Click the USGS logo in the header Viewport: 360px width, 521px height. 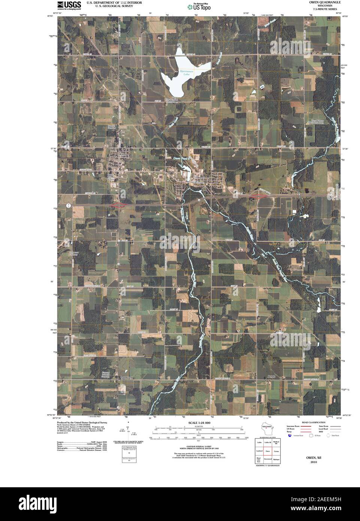coord(69,4)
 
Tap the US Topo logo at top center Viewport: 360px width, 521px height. coord(199,6)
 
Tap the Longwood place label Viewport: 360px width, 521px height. coord(126,377)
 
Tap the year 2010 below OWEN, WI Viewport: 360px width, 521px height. coord(314,462)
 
